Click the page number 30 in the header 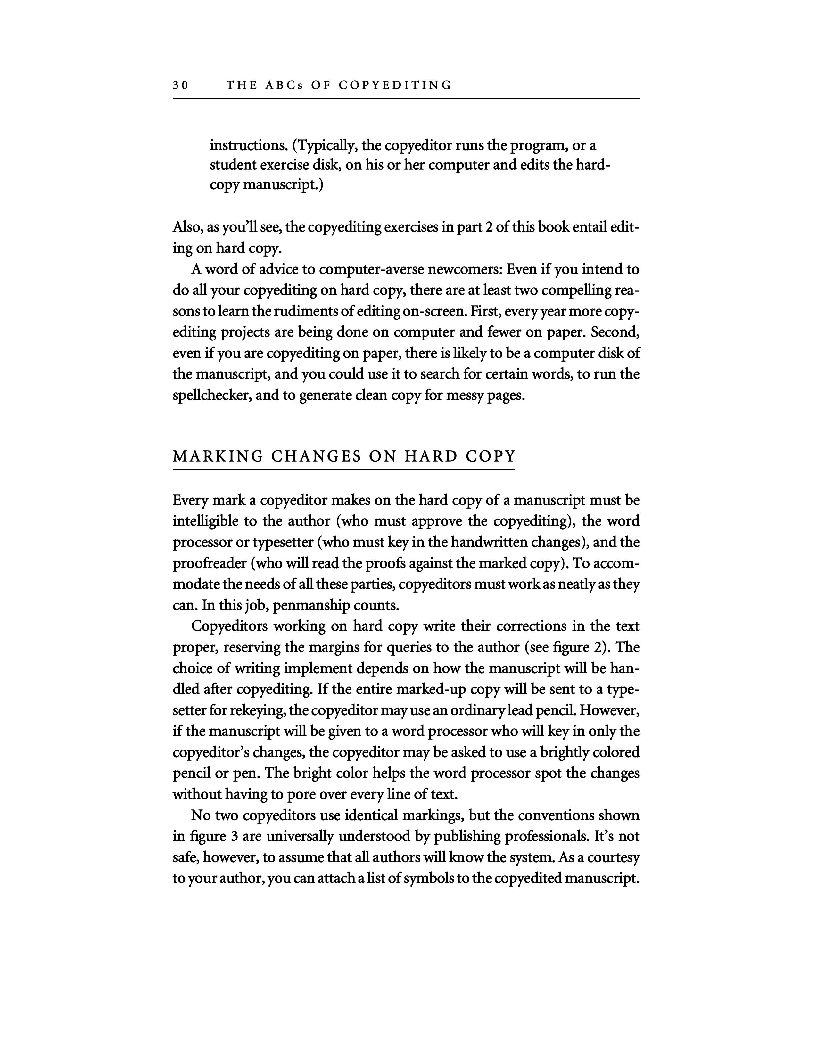coord(180,86)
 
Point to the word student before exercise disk coord(233,166)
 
